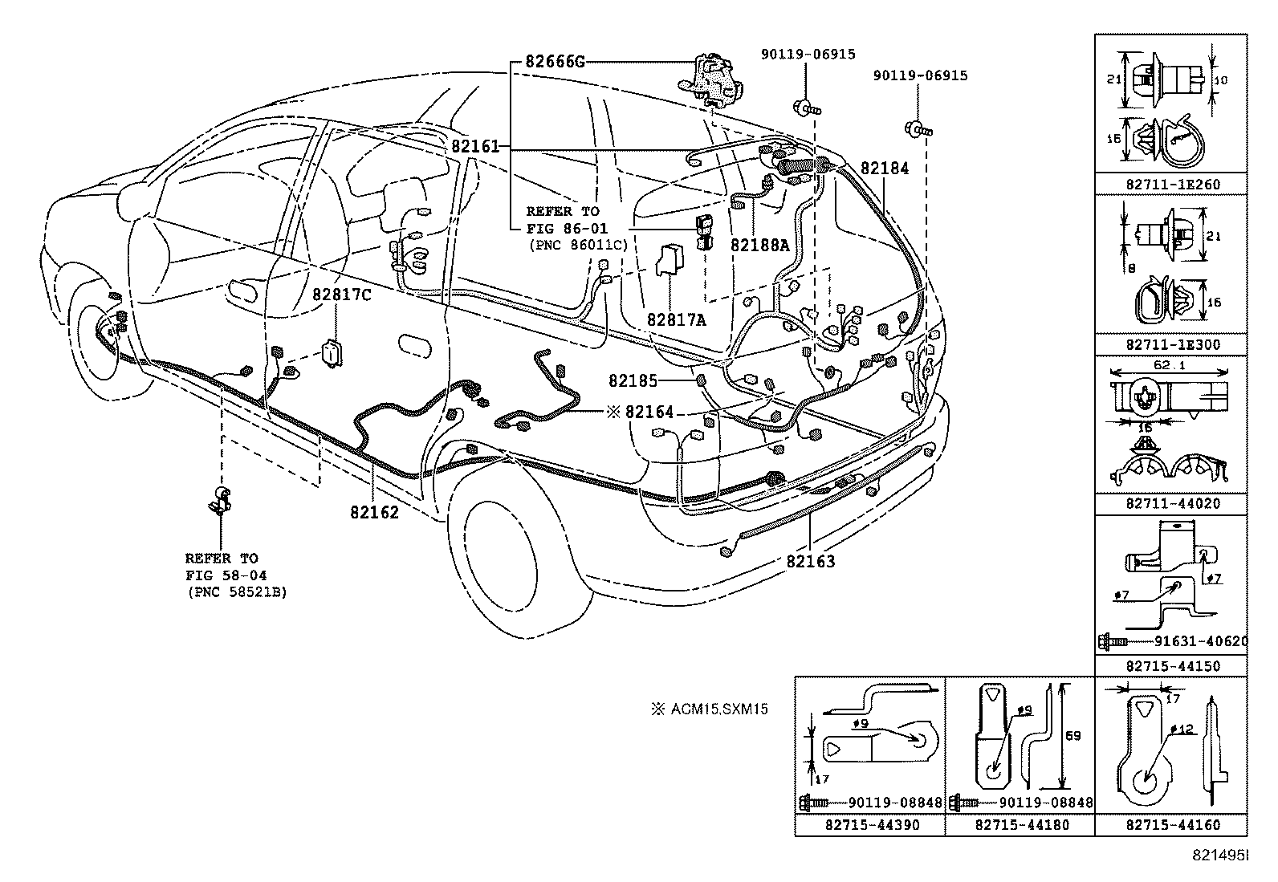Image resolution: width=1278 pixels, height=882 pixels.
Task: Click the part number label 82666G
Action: (556, 61)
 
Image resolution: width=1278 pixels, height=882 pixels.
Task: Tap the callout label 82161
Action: (475, 147)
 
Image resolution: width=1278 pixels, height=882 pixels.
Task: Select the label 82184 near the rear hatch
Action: (885, 169)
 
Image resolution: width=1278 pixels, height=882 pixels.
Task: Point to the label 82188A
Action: (759, 246)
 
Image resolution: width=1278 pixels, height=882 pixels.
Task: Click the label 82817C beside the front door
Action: (342, 295)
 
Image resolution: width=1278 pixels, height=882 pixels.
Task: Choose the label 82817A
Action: (677, 320)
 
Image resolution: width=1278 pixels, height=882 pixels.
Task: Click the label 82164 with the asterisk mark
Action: (649, 412)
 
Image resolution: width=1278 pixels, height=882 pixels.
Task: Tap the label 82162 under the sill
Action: (374, 511)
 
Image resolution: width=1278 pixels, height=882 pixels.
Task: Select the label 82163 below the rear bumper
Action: (811, 562)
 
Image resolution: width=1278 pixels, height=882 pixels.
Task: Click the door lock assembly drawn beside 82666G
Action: (710, 81)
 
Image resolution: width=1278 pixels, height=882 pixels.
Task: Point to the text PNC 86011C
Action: (576, 244)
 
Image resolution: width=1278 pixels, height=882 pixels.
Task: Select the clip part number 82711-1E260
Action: (1172, 185)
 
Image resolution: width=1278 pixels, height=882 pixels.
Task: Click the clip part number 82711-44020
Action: (1172, 504)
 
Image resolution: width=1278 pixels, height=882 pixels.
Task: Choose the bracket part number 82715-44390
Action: (872, 824)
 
